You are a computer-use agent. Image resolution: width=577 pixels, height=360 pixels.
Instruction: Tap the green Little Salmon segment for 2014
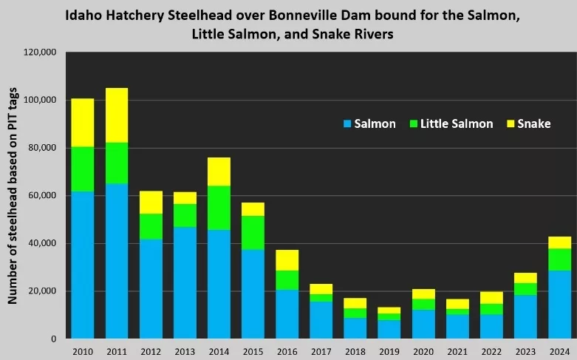pyautogui.click(x=219, y=208)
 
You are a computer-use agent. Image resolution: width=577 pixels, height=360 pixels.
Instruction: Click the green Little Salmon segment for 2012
pyautogui.click(x=151, y=226)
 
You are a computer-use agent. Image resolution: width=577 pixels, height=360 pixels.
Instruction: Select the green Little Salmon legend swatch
pyautogui.click(x=414, y=124)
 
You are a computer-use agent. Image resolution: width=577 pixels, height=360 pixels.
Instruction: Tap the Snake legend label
pyautogui.click(x=533, y=124)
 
